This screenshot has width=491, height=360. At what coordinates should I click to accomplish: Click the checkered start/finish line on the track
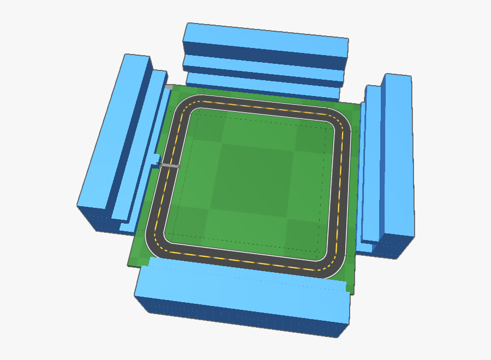point(169,165)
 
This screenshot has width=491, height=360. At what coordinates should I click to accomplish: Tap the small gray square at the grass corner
point(169,86)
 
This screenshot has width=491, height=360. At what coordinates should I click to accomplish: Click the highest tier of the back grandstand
point(266,38)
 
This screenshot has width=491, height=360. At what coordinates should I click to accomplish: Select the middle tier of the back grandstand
point(264,65)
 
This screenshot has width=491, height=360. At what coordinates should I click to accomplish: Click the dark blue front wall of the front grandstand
point(240,316)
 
